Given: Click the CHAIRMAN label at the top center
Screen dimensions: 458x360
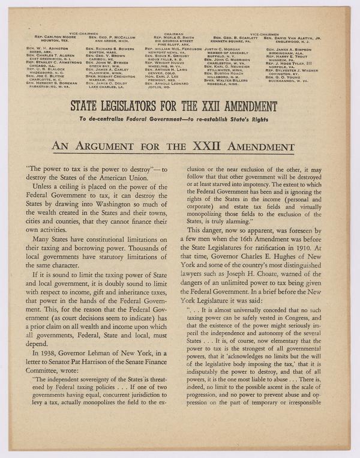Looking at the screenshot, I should (x=173, y=34).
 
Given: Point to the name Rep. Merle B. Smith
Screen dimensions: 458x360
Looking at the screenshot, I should (x=173, y=38).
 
